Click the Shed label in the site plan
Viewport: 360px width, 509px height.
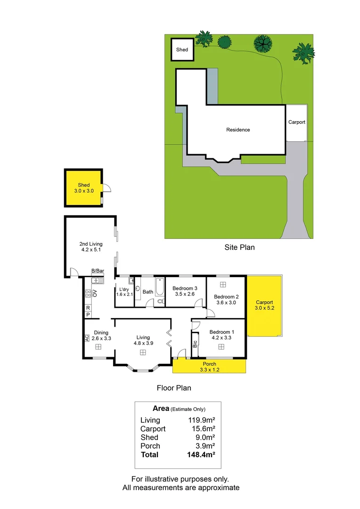(182, 49)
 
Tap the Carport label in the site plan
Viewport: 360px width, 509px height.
(297, 122)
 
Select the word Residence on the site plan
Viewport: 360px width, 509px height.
(238, 130)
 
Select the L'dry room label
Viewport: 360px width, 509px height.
(124, 289)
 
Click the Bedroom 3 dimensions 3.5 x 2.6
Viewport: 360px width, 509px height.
(185, 294)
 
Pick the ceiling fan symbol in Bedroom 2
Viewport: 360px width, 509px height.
(223, 284)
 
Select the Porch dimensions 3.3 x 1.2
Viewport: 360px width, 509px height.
(209, 369)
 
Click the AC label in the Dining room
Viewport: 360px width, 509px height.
(87, 338)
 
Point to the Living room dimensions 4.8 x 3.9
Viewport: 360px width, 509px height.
(143, 343)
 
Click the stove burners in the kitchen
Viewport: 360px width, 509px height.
(88, 293)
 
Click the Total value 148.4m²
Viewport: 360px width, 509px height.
(201, 455)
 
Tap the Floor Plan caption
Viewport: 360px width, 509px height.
(174, 388)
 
